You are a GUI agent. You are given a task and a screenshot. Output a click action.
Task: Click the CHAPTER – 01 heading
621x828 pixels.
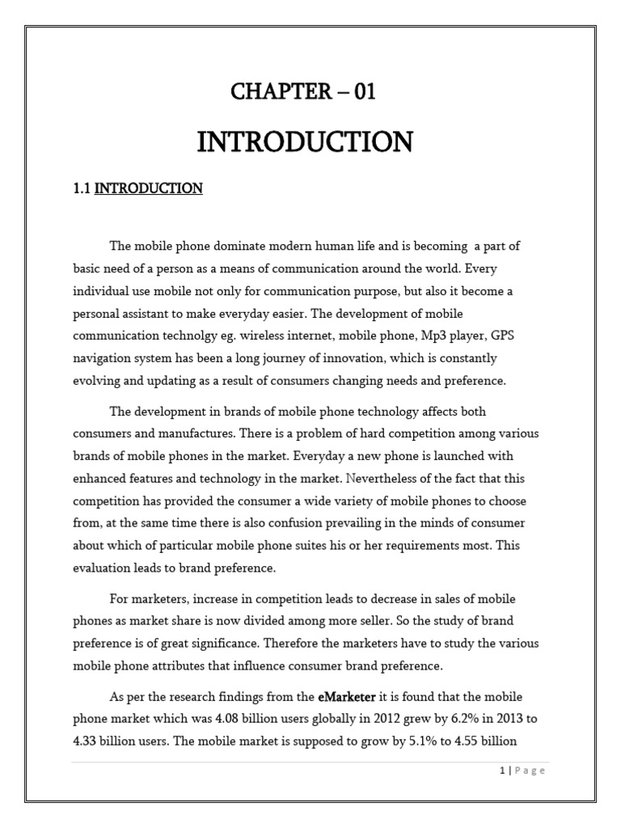[x=303, y=93]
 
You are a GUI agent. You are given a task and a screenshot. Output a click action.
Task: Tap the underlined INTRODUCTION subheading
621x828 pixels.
[x=149, y=189]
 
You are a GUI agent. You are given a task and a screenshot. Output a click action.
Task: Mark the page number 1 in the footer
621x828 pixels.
[x=503, y=771]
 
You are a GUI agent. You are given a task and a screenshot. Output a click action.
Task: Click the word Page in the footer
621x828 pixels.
[x=530, y=771]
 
